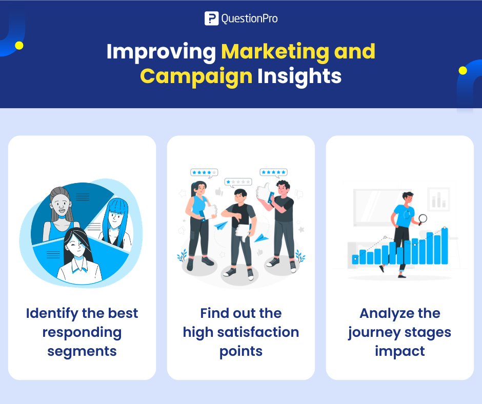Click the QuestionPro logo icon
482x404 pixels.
(x=211, y=19)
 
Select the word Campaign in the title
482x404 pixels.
(x=196, y=76)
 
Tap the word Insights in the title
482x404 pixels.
(x=299, y=76)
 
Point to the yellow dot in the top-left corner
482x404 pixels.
(x=19, y=46)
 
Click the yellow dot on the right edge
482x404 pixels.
(x=463, y=70)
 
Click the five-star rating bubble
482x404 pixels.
(x=273, y=172)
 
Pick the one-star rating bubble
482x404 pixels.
(x=238, y=182)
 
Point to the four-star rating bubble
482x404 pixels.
(x=204, y=172)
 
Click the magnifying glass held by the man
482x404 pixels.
(x=423, y=219)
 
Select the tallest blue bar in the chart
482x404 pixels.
(x=445, y=246)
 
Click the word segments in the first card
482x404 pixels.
(x=82, y=351)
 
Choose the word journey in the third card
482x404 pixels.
(x=374, y=332)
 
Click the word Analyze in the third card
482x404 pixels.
(x=400, y=313)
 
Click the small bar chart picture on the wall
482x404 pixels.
(x=438, y=199)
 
